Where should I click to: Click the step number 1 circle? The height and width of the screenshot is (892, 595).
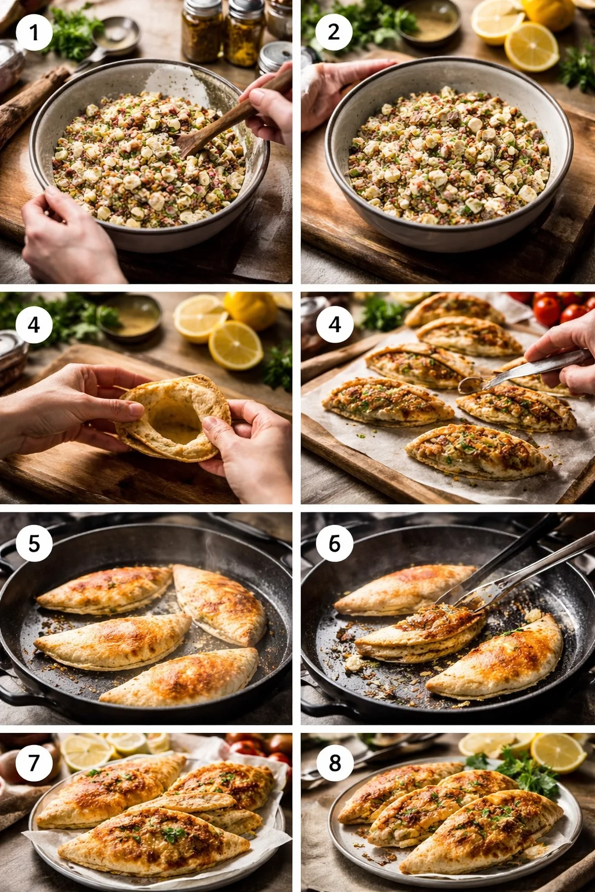pyautogui.click(x=34, y=33)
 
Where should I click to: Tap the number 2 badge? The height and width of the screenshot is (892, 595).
pyautogui.click(x=334, y=33)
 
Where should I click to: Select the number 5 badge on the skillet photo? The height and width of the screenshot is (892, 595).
pyautogui.click(x=34, y=544)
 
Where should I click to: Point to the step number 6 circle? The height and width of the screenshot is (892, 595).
pyautogui.click(x=334, y=544)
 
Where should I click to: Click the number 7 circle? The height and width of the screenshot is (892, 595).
pyautogui.click(x=34, y=762)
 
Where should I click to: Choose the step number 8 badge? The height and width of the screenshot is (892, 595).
pyautogui.click(x=335, y=762)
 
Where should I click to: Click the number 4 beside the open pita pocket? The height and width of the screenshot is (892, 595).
pyautogui.click(x=34, y=325)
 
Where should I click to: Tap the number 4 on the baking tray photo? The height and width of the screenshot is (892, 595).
pyautogui.click(x=335, y=325)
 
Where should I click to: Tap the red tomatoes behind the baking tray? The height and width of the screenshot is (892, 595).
pyautogui.click(x=558, y=311)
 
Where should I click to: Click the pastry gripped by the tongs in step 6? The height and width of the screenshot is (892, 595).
pyautogui.click(x=421, y=633)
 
